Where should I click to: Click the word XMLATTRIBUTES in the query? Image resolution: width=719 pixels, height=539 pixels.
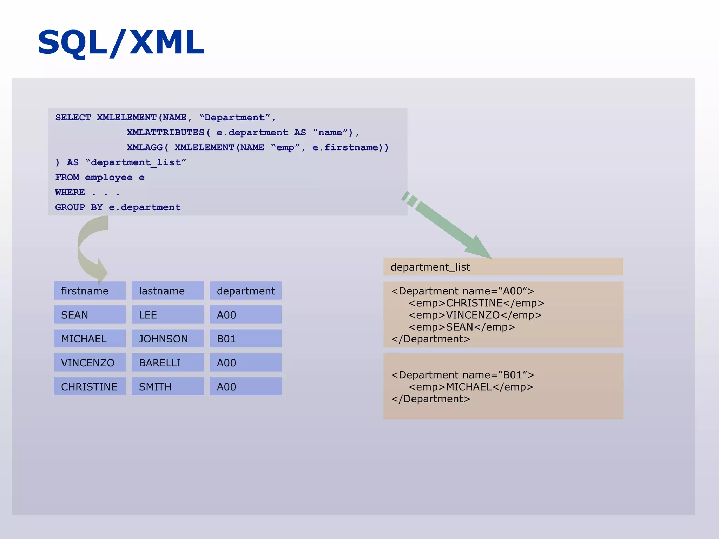165,133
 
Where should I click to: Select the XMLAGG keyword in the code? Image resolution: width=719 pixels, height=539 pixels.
144,147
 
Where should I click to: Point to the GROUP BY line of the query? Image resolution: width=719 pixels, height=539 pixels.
118,207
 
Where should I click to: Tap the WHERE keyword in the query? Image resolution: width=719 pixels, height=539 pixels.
70,192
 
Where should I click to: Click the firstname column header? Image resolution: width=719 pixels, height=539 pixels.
90,291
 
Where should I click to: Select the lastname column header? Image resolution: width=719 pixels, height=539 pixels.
167,291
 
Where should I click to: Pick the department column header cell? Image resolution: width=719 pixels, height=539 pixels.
245,291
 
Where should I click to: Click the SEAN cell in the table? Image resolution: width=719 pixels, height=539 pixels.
90,314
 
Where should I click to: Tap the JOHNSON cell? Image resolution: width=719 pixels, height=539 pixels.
167,338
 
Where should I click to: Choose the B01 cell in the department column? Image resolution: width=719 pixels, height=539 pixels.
245,338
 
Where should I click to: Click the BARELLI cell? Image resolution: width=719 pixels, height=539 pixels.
167,362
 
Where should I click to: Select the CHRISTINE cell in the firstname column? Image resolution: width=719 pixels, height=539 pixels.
90,386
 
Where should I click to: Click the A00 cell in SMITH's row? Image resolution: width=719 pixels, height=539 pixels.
245,386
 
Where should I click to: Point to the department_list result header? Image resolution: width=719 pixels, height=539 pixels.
503,267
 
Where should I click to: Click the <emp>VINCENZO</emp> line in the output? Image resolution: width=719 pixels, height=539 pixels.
475,315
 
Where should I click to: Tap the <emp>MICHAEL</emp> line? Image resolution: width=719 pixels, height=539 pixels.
470,387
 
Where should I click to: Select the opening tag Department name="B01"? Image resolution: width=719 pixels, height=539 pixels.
462,375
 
